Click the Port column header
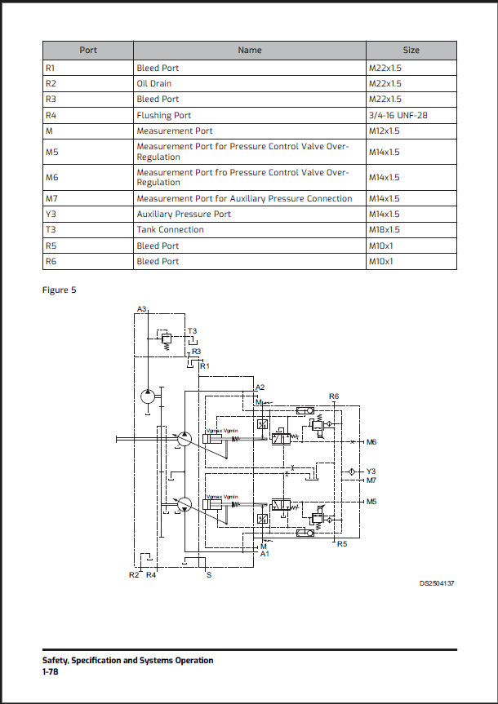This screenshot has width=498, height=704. pos(88,50)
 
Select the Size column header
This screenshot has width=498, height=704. pos(411,50)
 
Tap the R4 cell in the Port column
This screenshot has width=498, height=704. pos(51,115)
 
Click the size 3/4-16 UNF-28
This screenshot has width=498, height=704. pos(398,115)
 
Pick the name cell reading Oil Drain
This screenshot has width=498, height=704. pos(154,83)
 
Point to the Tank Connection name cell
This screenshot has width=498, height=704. pos(170,229)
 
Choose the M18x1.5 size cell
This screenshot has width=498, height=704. pos(385,229)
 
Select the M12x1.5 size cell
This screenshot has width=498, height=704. pos(385,131)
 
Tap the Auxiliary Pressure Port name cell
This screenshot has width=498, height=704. pos(184,214)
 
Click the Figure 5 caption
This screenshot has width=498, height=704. pos(59,290)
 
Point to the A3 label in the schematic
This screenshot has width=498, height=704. pos(142,309)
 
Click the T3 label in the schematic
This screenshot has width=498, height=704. pos(193,330)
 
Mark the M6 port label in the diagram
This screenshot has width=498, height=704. pos(371,442)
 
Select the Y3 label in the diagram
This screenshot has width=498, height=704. pos(371,471)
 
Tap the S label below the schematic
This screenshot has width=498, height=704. pos(208,575)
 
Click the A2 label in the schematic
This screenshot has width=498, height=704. pos(260,387)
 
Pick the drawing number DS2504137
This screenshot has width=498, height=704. pos(437,584)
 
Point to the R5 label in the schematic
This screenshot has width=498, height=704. pos(342,543)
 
